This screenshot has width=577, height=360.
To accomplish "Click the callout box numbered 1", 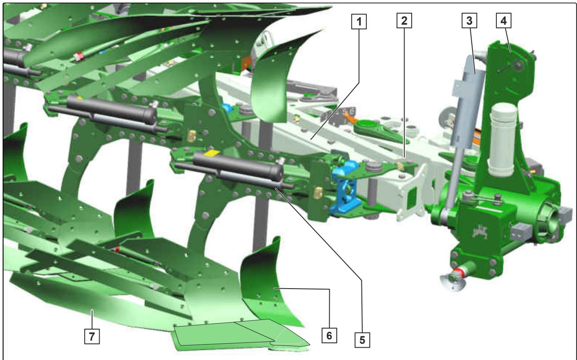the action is tap(359, 22).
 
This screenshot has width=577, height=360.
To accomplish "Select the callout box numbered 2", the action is tap(404, 21).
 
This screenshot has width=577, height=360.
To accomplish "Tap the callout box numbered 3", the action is tap(469, 21).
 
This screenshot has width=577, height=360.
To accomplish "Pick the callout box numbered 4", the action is tap(503, 21).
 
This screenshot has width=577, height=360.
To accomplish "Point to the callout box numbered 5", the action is tap(362, 340).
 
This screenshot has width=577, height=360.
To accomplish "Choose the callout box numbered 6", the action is tap(329, 335).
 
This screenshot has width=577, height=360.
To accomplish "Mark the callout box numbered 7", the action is tap(92, 336).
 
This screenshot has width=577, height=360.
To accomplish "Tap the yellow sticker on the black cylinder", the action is tap(211, 153).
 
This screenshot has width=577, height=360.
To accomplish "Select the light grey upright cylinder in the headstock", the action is tap(503, 139).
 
